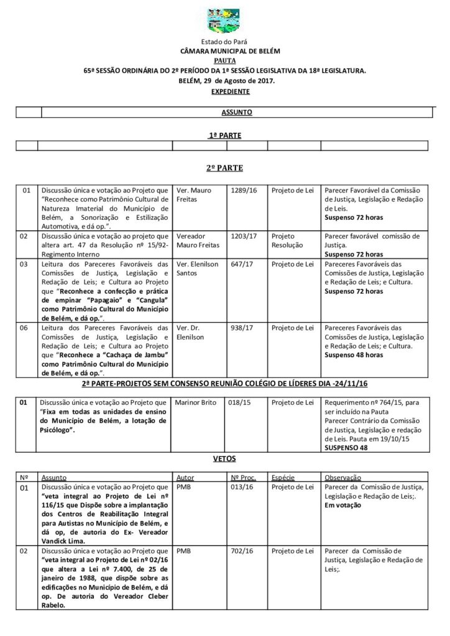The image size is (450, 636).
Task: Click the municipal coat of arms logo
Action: pos(224,22)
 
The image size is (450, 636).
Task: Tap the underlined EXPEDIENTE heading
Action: pos(224,91)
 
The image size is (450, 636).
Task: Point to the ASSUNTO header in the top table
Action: pos(234,112)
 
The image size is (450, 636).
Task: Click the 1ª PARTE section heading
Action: pos(224,134)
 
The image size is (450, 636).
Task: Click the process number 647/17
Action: pos(241,264)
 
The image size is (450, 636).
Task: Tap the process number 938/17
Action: pos(241,327)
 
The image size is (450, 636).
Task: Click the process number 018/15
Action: pos(241,403)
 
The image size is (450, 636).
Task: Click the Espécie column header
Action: pos(283,478)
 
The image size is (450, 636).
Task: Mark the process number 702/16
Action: pos(241,550)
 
